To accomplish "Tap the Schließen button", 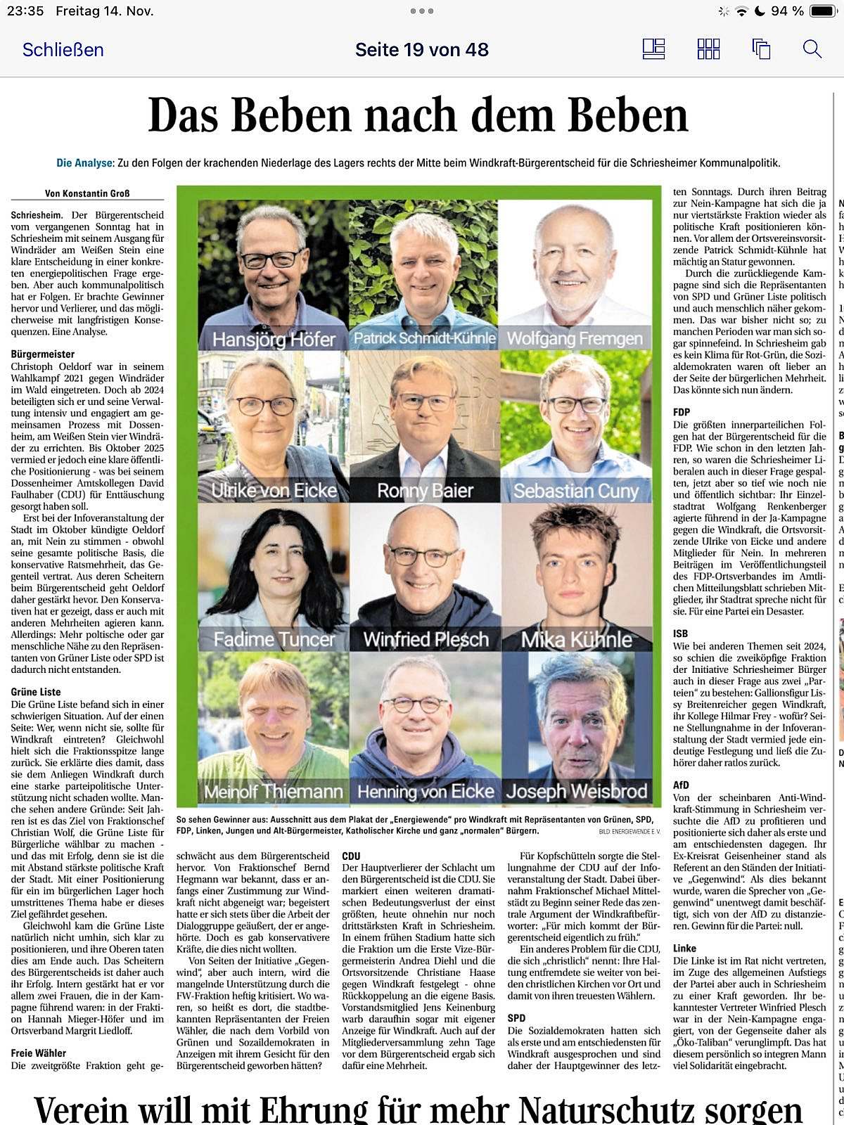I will [x=63, y=50].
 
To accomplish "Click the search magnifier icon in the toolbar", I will [x=812, y=49].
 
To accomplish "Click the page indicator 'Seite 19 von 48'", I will [x=421, y=50].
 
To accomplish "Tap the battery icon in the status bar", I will [x=822, y=11].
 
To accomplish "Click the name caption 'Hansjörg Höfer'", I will [x=274, y=340].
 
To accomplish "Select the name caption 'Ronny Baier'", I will [x=425, y=491].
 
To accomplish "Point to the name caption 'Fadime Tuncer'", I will [x=274, y=640].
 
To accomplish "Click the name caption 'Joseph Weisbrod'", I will [x=576, y=792].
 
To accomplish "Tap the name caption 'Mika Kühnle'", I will [x=576, y=640].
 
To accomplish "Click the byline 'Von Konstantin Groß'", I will [x=87, y=193].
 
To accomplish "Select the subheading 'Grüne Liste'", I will [x=36, y=692].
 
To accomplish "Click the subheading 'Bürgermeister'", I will [x=42, y=354].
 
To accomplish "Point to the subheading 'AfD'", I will [x=681, y=785].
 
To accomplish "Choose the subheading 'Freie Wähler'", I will [x=39, y=1053].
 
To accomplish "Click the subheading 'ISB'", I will [x=680, y=634].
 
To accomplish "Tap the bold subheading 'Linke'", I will [x=684, y=949].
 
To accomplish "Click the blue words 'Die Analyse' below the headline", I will [x=84, y=163].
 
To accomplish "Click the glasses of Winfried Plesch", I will [x=423, y=556].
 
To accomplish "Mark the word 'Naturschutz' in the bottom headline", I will [x=618, y=1110].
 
